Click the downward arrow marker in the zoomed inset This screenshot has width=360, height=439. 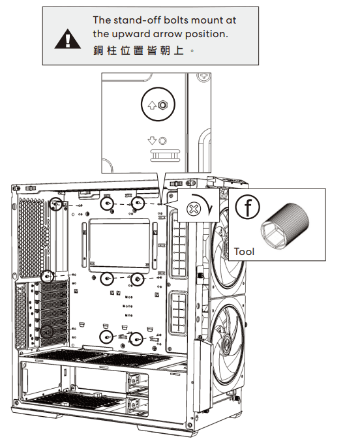pos(151,140)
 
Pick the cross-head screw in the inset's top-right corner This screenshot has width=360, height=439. pos(203,77)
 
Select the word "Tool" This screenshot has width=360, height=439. pos(244,251)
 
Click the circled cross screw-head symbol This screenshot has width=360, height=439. pos(193,208)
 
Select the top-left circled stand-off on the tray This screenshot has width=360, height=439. pos(57,205)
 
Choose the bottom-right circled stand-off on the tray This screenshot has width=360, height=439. pos(136,339)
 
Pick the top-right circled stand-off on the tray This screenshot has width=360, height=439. pos(138,205)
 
